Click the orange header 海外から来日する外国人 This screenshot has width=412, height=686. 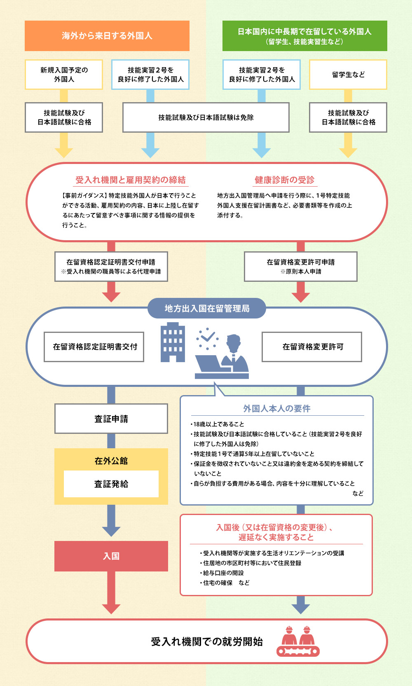click(x=107, y=36)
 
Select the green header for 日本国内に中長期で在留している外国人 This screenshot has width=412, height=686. click(x=304, y=36)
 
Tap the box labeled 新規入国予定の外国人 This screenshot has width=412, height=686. click(x=64, y=75)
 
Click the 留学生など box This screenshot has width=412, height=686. click(x=348, y=75)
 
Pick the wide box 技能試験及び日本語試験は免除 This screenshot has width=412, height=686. click(x=206, y=117)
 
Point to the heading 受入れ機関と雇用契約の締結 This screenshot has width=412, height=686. click(x=130, y=180)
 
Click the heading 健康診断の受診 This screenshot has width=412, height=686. click(x=284, y=180)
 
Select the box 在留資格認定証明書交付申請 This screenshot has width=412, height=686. click(x=111, y=267)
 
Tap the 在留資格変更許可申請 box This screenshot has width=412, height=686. click(x=301, y=267)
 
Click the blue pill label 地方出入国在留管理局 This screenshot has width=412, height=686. click(x=207, y=309)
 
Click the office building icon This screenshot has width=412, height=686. click(x=173, y=343)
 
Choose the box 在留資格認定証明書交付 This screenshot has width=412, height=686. click(x=94, y=347)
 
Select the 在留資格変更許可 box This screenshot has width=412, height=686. click(x=312, y=347)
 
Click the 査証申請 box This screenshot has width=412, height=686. click(x=111, y=419)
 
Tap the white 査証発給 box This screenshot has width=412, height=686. click(x=111, y=484)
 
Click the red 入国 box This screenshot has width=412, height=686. click(x=111, y=556)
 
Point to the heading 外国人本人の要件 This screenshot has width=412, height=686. click(x=276, y=408)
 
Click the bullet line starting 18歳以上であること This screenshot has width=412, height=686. click(x=219, y=424)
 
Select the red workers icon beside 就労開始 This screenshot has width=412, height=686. click(x=298, y=641)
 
